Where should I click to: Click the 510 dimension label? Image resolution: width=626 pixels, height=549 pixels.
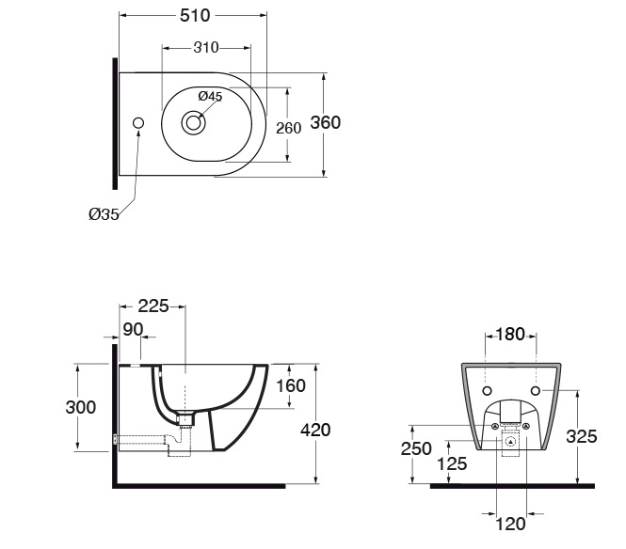[195, 16]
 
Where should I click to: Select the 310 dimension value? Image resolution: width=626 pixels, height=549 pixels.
[206, 48]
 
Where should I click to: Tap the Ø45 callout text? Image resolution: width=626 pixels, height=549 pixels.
[211, 96]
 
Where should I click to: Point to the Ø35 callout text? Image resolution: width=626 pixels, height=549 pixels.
[104, 214]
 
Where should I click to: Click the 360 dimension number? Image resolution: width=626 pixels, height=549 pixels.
[326, 122]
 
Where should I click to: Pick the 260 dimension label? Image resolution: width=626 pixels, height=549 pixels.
[289, 128]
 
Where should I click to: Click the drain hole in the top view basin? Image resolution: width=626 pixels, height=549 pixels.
[194, 123]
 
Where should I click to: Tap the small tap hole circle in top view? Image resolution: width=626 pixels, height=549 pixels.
[138, 123]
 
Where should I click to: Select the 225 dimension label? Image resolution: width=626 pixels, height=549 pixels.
[153, 306]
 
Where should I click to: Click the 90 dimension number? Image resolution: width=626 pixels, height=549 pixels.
[133, 329]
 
